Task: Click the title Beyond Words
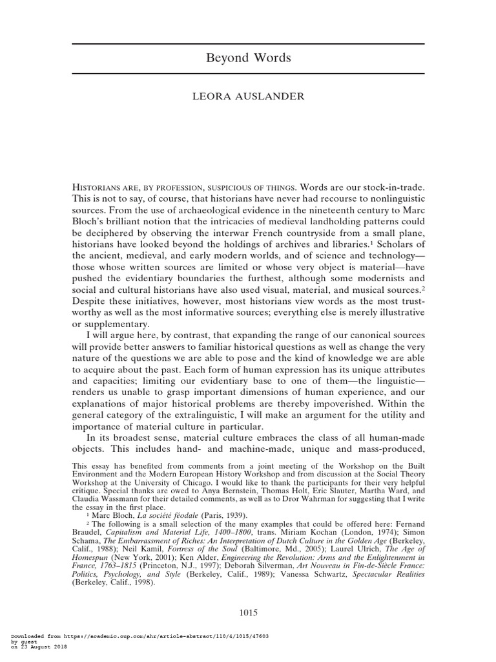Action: (248, 58)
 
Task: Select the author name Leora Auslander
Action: (248, 98)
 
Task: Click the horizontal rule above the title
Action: (248, 44)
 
